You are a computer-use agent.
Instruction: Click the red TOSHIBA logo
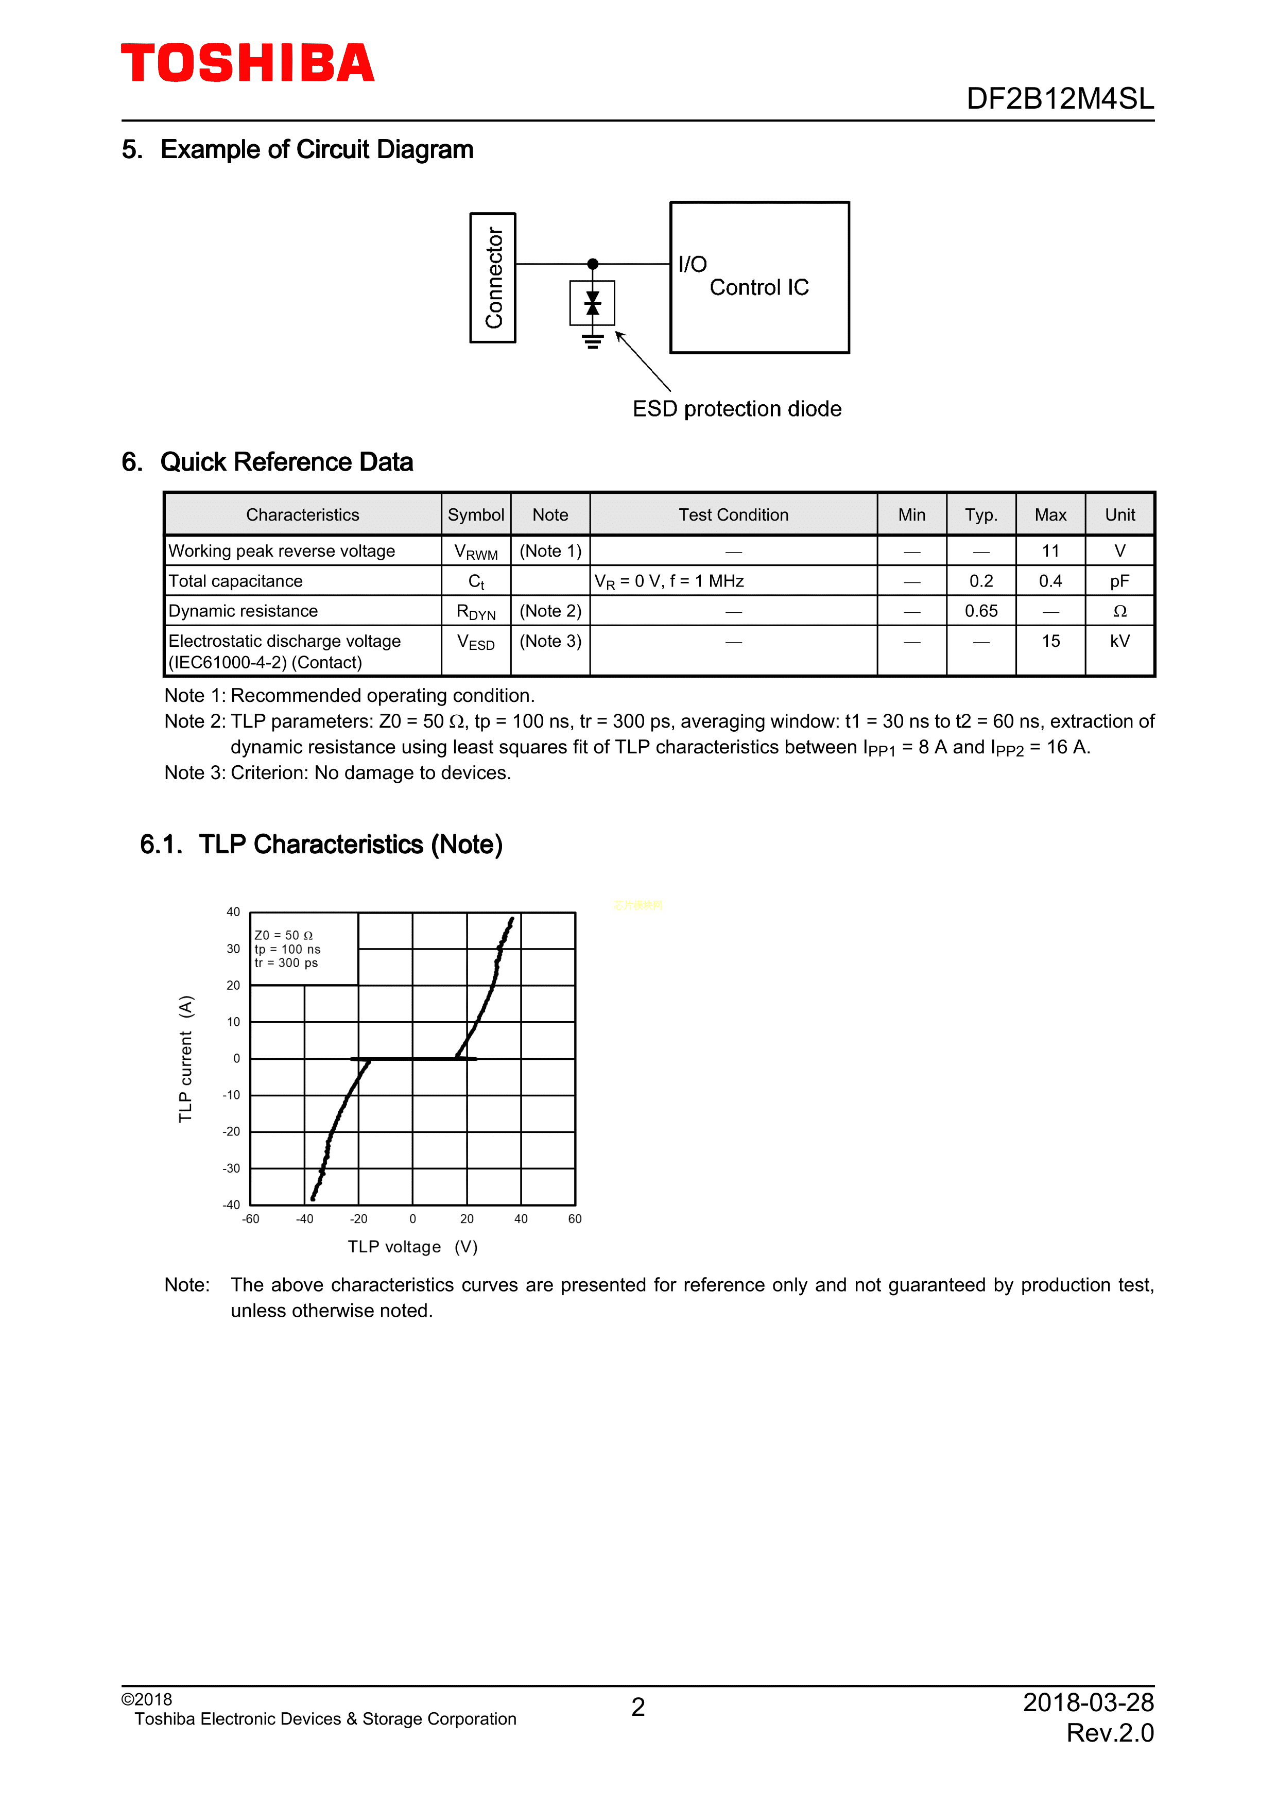(x=247, y=64)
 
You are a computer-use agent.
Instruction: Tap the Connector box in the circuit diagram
(x=493, y=278)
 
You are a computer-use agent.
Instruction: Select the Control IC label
(x=758, y=288)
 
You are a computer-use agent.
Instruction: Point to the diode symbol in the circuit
(x=593, y=303)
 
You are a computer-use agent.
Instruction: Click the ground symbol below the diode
(x=593, y=341)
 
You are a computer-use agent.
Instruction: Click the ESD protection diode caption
(x=736, y=409)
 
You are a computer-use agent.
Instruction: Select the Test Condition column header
(x=733, y=515)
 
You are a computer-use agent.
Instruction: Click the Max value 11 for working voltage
(x=1050, y=551)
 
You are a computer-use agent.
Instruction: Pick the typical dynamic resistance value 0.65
(x=981, y=611)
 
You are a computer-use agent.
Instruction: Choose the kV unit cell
(x=1119, y=642)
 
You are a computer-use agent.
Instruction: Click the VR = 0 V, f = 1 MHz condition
(x=669, y=581)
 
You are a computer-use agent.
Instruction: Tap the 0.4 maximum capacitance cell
(x=1050, y=581)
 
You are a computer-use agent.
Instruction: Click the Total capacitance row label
(x=235, y=581)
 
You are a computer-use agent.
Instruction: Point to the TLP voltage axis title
(x=412, y=1247)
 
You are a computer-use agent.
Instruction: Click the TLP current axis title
(x=186, y=1059)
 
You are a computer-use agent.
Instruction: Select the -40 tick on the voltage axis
(x=304, y=1219)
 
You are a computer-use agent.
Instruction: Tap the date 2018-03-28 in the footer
(x=1088, y=1702)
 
